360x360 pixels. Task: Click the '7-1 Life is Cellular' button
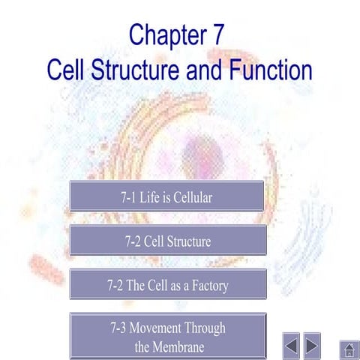(x=166, y=196)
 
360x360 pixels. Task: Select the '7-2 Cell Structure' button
(x=167, y=241)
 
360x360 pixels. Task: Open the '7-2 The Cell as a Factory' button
(x=167, y=285)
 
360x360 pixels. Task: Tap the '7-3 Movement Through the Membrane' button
(x=167, y=336)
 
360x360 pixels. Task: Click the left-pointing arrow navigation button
(x=292, y=345)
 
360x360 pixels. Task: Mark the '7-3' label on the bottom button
(x=120, y=328)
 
